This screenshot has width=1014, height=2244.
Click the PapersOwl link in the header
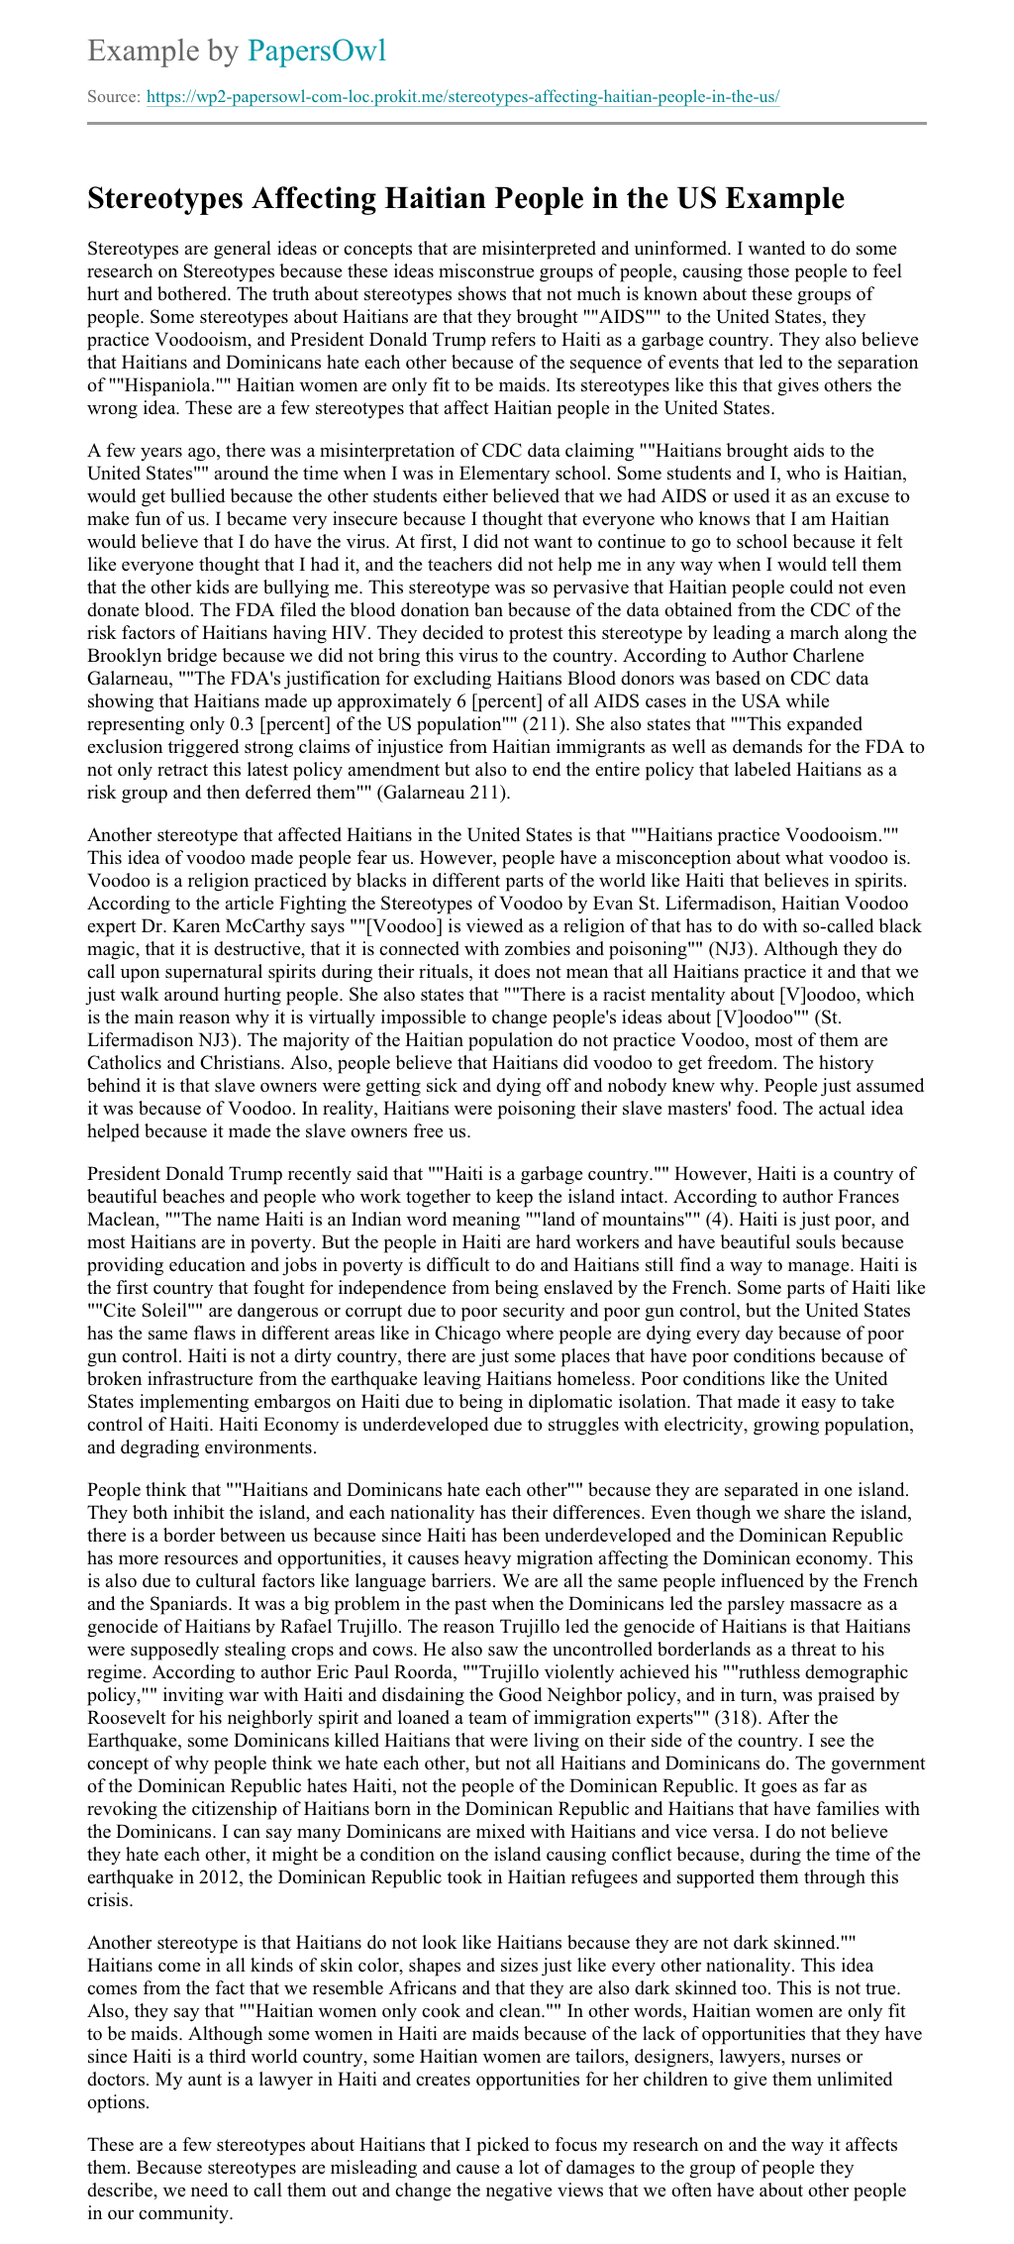pos(317,51)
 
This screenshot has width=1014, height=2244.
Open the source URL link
pos(462,97)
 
